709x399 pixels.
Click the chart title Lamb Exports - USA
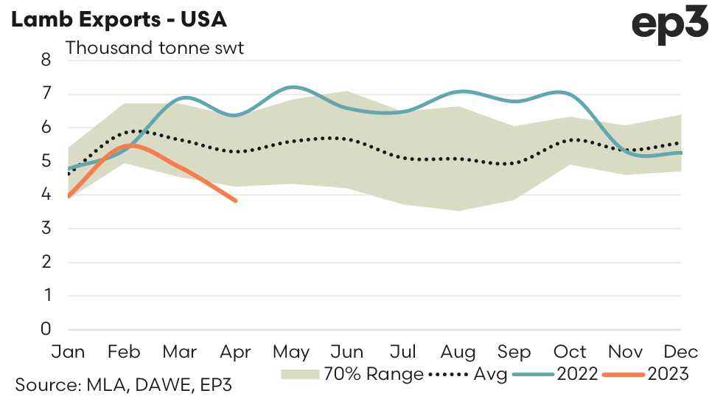117,20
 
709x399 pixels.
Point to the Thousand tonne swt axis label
155,49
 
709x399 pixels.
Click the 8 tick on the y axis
46,60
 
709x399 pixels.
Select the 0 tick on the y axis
46,329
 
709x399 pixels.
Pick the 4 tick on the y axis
46,195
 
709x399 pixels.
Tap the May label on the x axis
293,351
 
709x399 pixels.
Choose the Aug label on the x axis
459,351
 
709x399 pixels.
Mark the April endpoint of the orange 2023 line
236,201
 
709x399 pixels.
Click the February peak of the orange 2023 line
131,146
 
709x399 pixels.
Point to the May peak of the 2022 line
293,87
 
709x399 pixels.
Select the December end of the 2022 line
680,153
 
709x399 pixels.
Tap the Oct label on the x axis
570,351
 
